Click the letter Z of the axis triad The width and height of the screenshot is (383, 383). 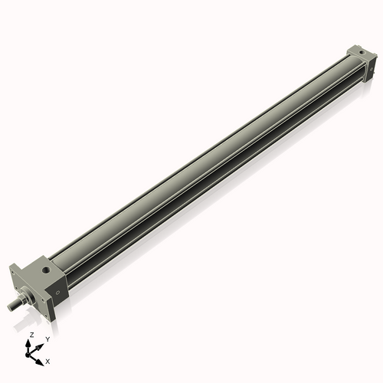tap(31, 335)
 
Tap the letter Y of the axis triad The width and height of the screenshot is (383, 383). tap(47, 339)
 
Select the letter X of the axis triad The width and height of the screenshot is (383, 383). tap(48, 360)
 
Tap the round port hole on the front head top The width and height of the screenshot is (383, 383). tap(47, 270)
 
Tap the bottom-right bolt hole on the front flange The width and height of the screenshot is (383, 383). tap(46, 314)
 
